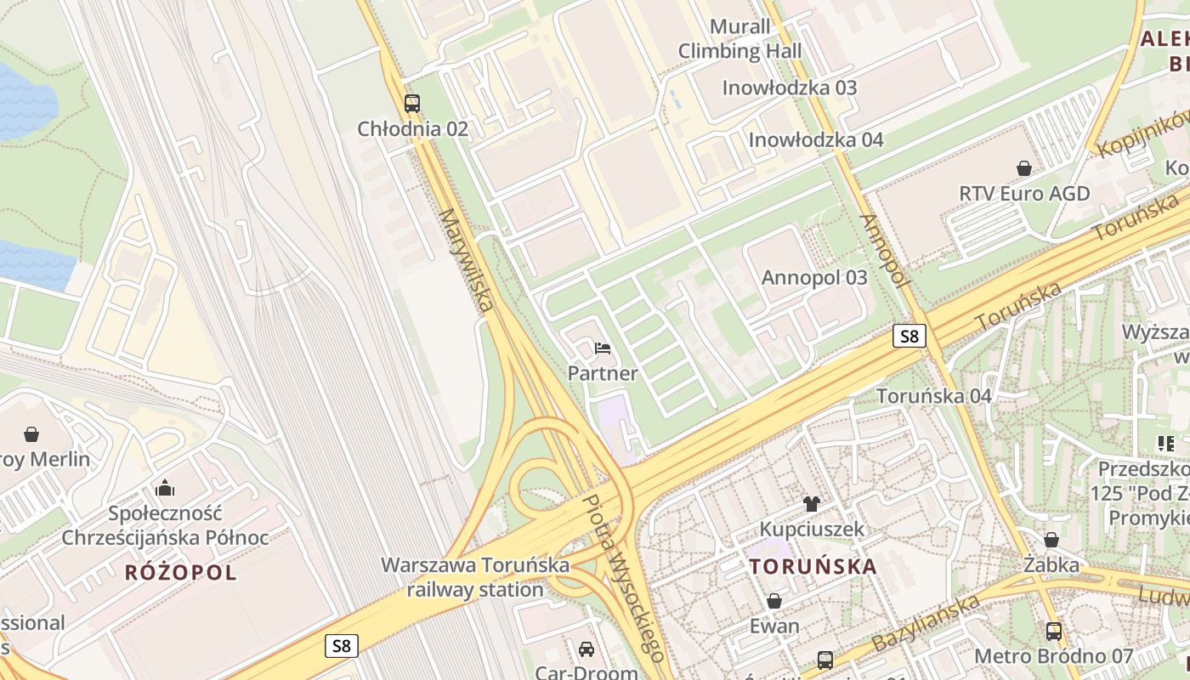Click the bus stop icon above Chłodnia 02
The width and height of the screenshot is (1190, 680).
coord(412,104)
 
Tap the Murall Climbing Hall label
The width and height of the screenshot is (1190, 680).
coord(739,39)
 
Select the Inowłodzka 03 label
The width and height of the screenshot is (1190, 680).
coord(789,88)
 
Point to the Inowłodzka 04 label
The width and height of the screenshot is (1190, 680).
coord(816,139)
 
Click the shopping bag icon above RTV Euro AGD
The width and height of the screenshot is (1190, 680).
coord(1024,168)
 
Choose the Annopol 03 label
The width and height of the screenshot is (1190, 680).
coord(814,277)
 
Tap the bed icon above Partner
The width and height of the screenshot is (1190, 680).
coord(603,348)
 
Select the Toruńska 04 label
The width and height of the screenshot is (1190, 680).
coord(934,395)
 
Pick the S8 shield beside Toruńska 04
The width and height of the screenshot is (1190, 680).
coord(909,336)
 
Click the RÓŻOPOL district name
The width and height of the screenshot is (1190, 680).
coord(181,572)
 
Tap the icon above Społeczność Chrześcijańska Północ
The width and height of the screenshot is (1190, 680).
coord(165,488)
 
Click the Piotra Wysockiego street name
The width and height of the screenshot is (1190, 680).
coord(625,578)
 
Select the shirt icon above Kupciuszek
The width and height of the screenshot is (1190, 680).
coord(811,504)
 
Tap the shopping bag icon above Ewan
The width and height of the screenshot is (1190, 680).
coord(774,602)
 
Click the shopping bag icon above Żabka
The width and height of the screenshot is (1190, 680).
coord(1051,540)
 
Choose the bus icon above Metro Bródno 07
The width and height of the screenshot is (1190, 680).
coord(1054,631)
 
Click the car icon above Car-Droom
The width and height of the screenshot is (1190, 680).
coord(586,649)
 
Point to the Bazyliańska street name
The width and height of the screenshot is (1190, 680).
coord(926,622)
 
